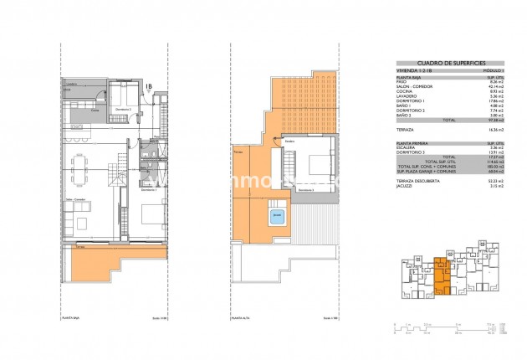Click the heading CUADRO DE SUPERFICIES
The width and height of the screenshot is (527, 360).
point(440,63)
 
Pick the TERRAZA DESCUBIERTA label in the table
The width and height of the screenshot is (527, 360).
point(418,179)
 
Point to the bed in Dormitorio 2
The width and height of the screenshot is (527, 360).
point(130,94)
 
